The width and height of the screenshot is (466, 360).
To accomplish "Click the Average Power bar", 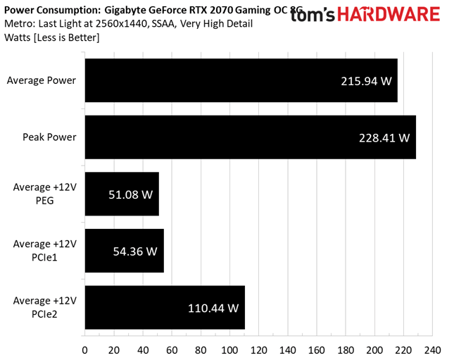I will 241,80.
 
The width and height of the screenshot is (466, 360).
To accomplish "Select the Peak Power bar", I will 250,137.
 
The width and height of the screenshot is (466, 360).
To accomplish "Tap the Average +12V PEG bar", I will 121,194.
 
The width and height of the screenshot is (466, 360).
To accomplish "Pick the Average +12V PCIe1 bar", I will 124,251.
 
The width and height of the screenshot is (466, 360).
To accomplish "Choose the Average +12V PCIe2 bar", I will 164,307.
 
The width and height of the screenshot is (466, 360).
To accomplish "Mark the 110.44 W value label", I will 213,308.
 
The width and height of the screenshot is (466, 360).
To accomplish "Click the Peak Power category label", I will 51,137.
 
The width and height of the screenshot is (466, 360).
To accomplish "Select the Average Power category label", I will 42,80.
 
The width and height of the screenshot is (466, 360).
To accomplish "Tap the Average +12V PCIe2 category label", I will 45,307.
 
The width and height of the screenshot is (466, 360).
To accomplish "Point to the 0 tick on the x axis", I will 85,349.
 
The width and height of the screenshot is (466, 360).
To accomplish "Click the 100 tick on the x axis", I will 229,349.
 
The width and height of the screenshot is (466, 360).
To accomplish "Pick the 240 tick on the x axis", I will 432,349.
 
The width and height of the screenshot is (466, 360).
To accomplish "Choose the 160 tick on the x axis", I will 316,349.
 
